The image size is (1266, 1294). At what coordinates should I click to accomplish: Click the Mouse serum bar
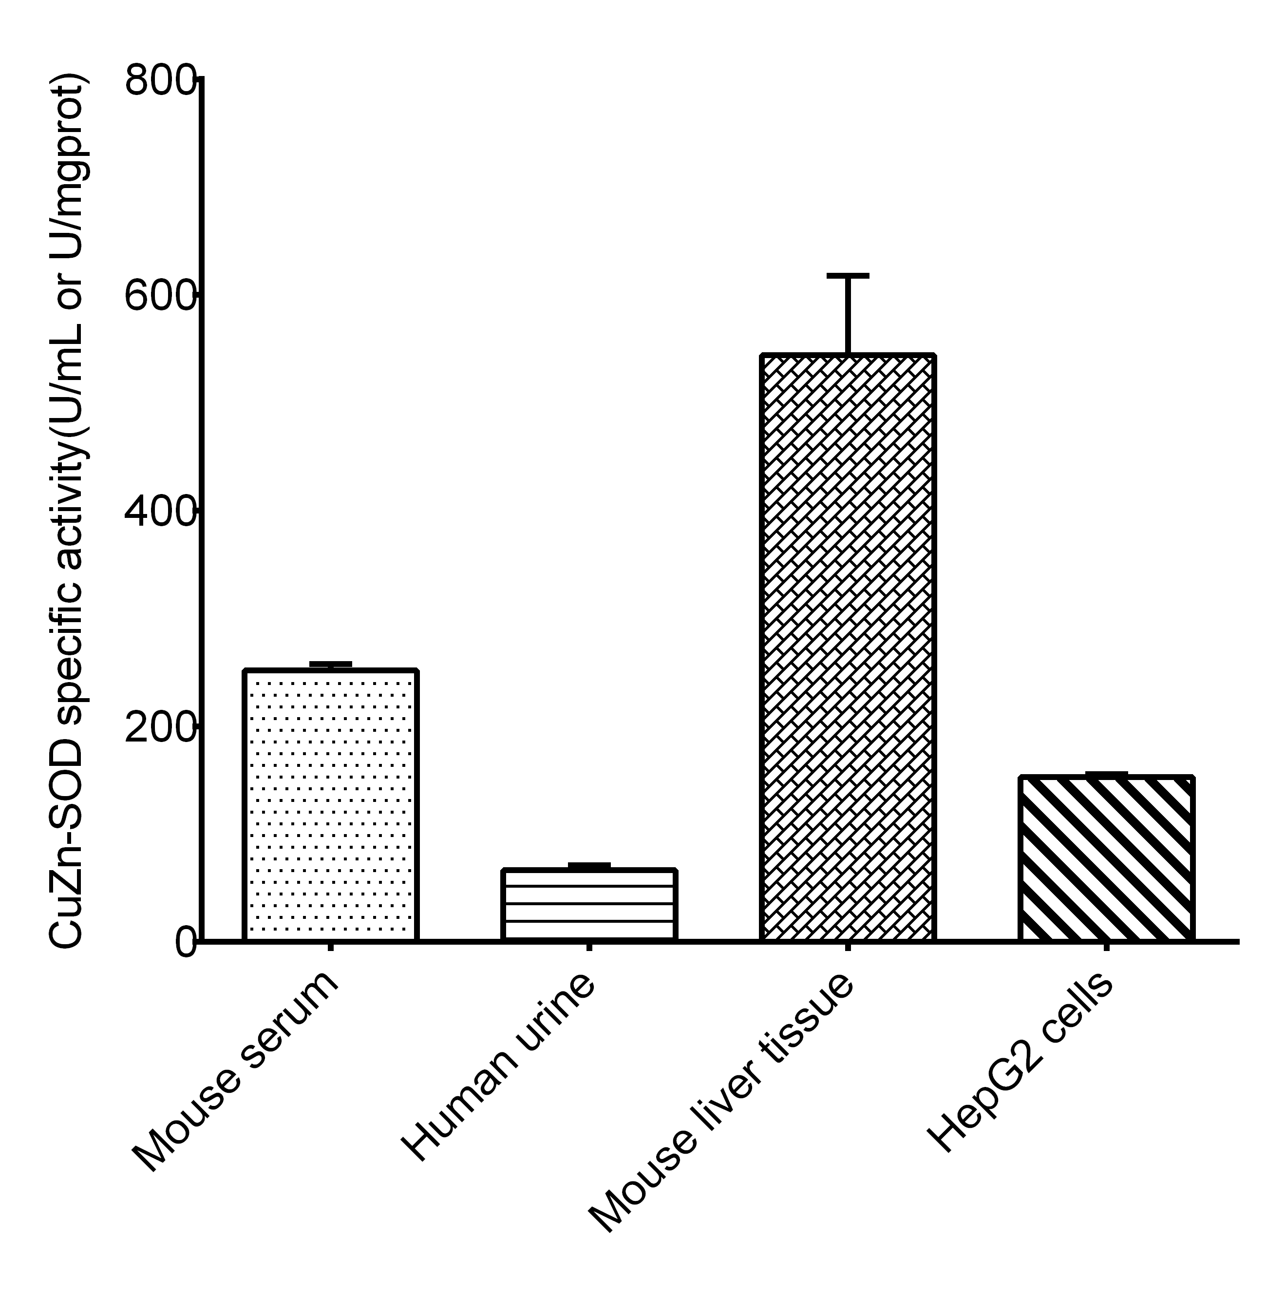tap(330, 804)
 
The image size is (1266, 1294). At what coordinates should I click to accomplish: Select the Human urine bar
tap(589, 904)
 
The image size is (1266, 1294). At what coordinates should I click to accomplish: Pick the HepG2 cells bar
tap(1106, 858)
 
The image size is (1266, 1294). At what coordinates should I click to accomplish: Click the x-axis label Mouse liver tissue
tap(721, 1101)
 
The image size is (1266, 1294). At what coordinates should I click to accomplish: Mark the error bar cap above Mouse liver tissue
tap(848, 275)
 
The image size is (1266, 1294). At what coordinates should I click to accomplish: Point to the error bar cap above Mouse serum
tap(330, 664)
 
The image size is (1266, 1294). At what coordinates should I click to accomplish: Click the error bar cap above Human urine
tap(589, 864)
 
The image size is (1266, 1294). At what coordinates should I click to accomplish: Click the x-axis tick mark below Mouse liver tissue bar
tap(848, 947)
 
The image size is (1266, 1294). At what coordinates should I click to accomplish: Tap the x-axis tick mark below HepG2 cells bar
tap(1106, 947)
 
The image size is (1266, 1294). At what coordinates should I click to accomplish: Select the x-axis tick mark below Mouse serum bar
tap(330, 947)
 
